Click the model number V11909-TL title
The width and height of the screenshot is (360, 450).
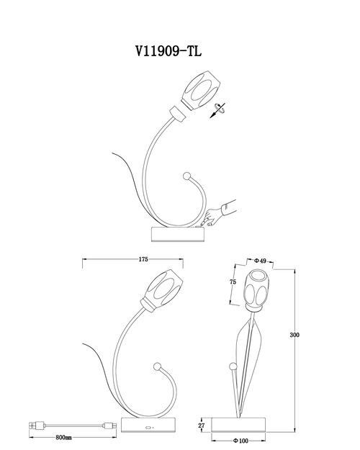click(x=168, y=52)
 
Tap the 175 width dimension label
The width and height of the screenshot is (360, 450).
click(x=143, y=259)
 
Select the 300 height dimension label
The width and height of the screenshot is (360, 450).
click(x=294, y=335)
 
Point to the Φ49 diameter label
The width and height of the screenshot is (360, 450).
click(x=261, y=261)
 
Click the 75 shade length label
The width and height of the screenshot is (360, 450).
click(x=233, y=282)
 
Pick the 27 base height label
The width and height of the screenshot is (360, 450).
click(x=202, y=426)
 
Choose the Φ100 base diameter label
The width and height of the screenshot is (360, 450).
click(x=240, y=441)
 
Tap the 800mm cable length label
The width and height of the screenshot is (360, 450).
click(x=64, y=438)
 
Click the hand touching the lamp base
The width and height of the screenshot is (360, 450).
click(x=220, y=214)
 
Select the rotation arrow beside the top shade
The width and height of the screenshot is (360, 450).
click(x=217, y=110)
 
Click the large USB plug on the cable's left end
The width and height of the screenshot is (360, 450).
click(x=37, y=426)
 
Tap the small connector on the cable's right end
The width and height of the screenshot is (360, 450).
click(x=111, y=426)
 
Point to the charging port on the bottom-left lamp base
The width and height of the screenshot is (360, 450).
click(x=148, y=428)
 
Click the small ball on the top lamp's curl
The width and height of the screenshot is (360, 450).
click(x=187, y=176)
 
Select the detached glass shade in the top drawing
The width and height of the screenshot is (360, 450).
click(x=201, y=90)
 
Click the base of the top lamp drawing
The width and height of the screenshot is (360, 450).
click(x=179, y=234)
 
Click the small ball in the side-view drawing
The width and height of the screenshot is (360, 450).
click(x=233, y=366)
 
